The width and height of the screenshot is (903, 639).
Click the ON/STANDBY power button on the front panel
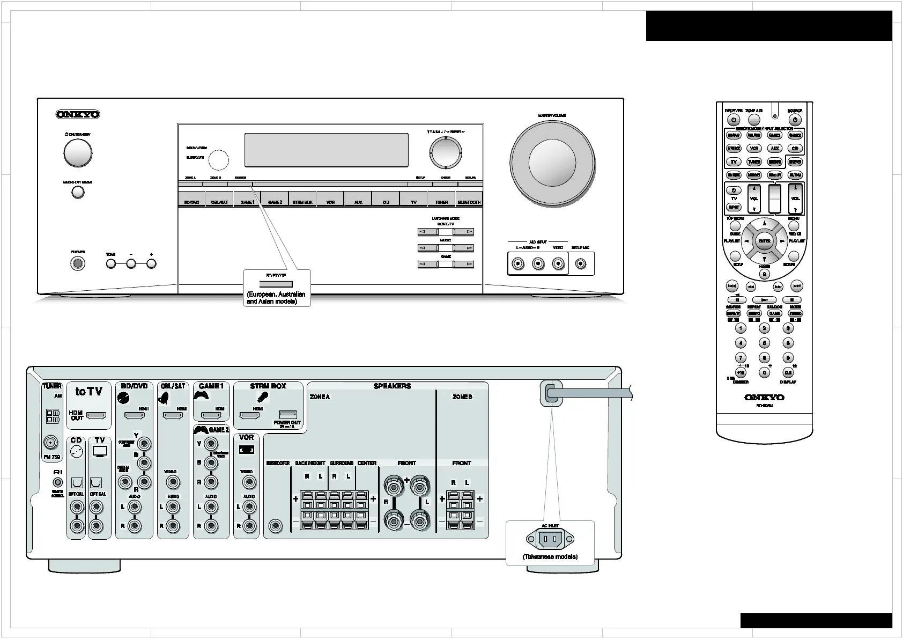pyautogui.click(x=78, y=153)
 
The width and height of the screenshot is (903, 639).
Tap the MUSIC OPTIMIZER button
pyautogui.click(x=78, y=192)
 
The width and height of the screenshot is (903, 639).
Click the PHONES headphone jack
pyautogui.click(x=78, y=263)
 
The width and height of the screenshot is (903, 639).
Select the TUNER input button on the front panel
pyautogui.click(x=441, y=202)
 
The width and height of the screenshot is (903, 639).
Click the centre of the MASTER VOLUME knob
pyautogui.click(x=552, y=164)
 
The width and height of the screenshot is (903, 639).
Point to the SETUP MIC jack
pyautogui.click(x=580, y=264)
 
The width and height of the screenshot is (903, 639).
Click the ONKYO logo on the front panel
pyautogui.click(x=78, y=114)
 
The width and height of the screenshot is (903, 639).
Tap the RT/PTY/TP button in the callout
pyautogui.click(x=276, y=284)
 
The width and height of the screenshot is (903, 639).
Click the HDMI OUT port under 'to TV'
pyautogui.click(x=97, y=415)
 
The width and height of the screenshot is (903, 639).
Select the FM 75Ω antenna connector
pyautogui.click(x=51, y=443)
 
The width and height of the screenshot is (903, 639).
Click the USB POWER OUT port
pyautogui.click(x=287, y=414)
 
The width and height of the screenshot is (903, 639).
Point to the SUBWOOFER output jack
pyautogui.click(x=276, y=526)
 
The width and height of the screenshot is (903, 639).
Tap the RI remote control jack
pyautogui.click(x=58, y=482)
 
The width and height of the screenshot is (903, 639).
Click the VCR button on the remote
pyautogui.click(x=754, y=149)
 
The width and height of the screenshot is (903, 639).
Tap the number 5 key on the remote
pyautogui.click(x=764, y=343)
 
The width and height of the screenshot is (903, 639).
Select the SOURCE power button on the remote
pyautogui.click(x=795, y=120)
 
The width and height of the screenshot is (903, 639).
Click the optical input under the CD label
pyautogui.click(x=77, y=483)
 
